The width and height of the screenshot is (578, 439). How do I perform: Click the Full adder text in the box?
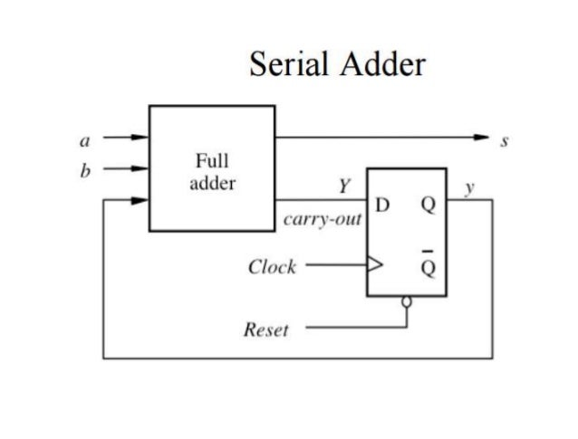pos(212,172)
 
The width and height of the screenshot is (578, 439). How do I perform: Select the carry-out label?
pos(323,220)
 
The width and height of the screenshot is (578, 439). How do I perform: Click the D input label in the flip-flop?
pos(382,205)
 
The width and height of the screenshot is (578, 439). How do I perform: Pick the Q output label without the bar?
pos(428,205)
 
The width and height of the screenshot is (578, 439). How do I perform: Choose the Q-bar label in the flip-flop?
pos(428,267)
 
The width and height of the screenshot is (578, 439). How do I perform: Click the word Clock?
pos(272,268)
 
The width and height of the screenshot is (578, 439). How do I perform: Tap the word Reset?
pos(266,329)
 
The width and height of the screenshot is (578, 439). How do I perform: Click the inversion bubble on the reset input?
pos(408,301)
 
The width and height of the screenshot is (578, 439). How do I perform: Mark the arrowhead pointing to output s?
pos(483,138)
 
